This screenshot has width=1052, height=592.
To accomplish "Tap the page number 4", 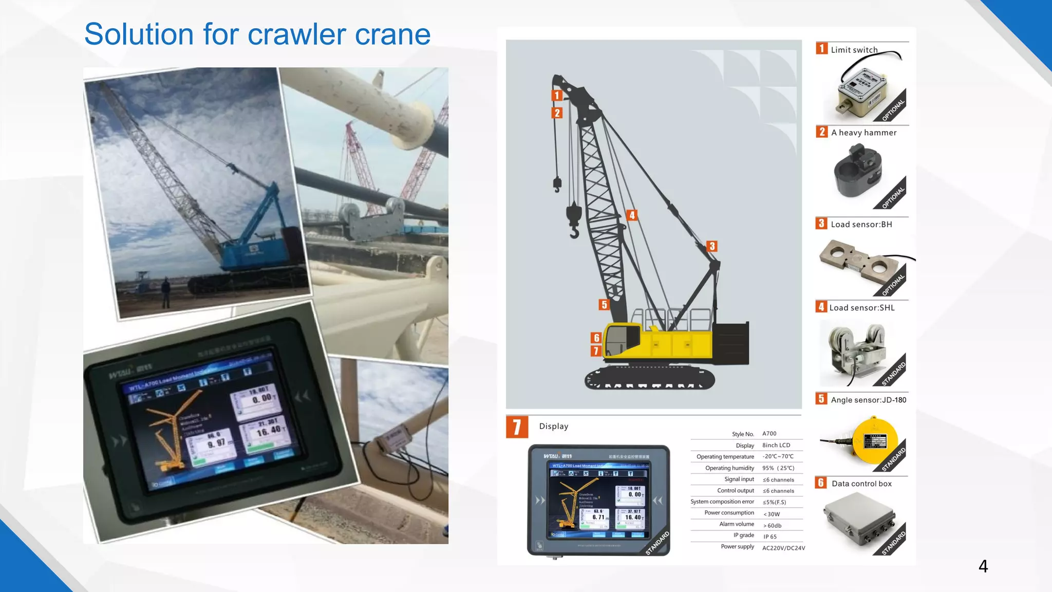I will (x=983, y=566).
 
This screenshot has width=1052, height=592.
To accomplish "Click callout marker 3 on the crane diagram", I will (x=712, y=246).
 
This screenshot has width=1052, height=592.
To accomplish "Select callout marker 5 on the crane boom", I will (x=604, y=305).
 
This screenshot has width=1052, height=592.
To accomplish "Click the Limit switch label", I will (x=854, y=50).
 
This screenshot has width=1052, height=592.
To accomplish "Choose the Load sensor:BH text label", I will (x=861, y=225).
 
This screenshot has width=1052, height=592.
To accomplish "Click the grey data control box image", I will (x=859, y=519).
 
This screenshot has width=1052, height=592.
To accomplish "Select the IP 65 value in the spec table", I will (x=770, y=536).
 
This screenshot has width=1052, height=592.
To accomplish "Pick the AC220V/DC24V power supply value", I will (x=783, y=548).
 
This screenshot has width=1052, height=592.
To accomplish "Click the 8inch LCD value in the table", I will (x=776, y=445).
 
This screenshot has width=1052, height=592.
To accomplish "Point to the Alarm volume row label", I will (x=737, y=524).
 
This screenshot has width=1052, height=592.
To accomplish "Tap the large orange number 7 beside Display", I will (x=517, y=427).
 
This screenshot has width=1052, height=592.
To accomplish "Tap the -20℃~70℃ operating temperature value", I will (x=778, y=456).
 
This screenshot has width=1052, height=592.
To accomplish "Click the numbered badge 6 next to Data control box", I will (x=821, y=483).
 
